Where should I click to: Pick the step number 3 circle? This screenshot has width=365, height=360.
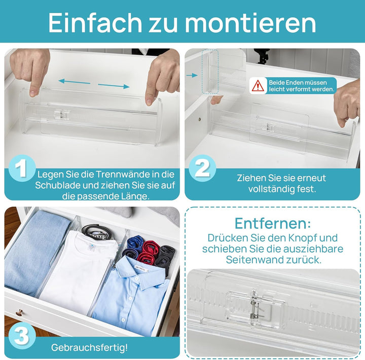21,335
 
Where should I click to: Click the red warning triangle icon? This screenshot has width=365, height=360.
258,86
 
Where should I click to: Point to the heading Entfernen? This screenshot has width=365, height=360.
273,223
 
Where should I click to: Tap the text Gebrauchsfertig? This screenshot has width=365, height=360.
89,348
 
